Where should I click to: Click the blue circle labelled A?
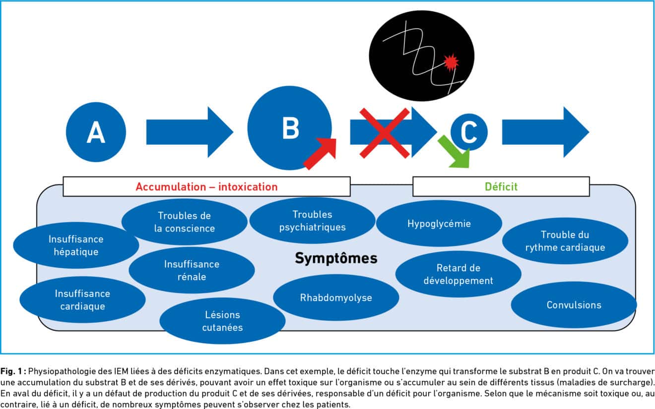[x=96, y=132]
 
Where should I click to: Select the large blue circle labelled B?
[x=290, y=127]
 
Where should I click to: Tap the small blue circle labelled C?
[x=469, y=132]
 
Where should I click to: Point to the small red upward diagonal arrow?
[x=320, y=154]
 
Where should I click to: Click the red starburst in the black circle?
[x=451, y=63]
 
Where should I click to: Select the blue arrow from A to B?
[x=189, y=132]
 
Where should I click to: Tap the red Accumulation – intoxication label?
[x=206, y=187]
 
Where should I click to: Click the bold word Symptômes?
[x=336, y=258]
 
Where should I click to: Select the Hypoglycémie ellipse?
[x=439, y=224]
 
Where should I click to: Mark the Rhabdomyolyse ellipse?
[x=336, y=298]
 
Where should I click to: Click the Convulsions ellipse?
[x=574, y=305]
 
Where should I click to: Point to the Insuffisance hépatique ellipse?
[x=76, y=245]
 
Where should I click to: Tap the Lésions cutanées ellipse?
[x=222, y=321]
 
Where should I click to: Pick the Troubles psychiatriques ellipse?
[x=312, y=221]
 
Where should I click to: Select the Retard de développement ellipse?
[x=458, y=274]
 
